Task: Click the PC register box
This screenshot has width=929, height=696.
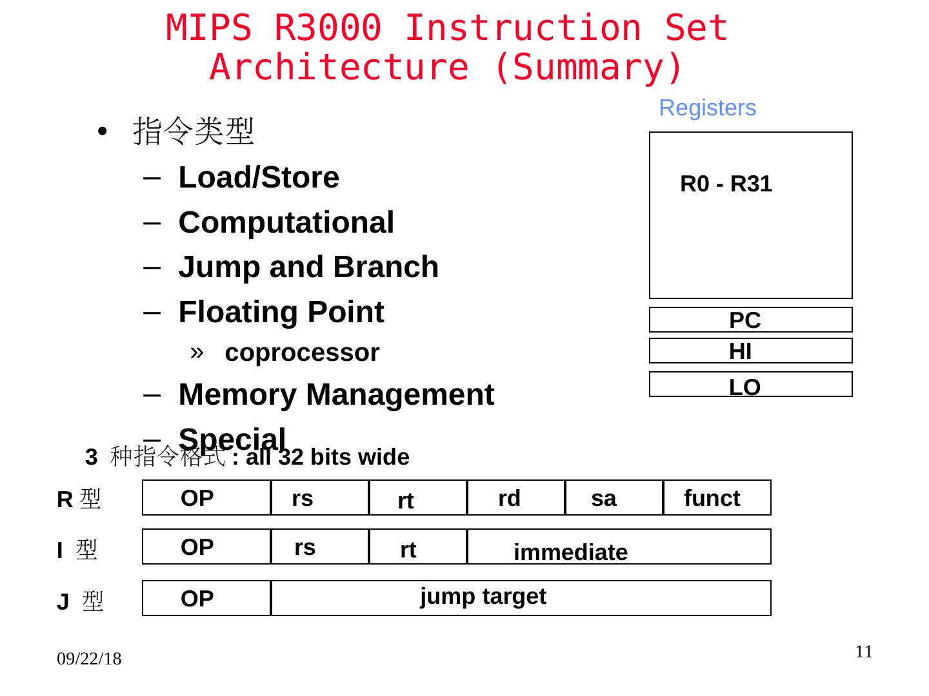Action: click(x=750, y=320)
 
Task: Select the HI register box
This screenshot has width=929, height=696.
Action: click(x=750, y=351)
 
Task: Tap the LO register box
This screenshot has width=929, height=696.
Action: click(x=750, y=385)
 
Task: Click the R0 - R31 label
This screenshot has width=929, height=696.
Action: click(x=726, y=184)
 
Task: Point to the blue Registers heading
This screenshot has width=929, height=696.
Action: click(x=707, y=108)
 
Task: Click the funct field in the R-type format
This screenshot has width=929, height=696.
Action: click(x=717, y=498)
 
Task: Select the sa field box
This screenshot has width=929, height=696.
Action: click(x=614, y=498)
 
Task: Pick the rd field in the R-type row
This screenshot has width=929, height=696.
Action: click(x=515, y=498)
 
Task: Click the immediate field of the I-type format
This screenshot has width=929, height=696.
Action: click(x=618, y=547)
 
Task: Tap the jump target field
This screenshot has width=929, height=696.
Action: click(x=520, y=598)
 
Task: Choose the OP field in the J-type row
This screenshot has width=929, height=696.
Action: click(x=206, y=598)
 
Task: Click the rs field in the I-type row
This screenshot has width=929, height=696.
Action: click(x=319, y=547)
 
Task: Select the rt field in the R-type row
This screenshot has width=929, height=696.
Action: click(x=417, y=498)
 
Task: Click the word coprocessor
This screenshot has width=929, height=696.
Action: click(x=302, y=353)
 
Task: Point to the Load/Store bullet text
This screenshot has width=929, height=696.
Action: click(x=259, y=177)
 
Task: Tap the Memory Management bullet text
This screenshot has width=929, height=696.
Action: click(x=336, y=394)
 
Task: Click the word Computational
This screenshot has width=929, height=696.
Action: click(x=286, y=222)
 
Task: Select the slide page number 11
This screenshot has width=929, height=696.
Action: click(x=864, y=652)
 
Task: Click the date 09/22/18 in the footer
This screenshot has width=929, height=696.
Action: click(x=89, y=659)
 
